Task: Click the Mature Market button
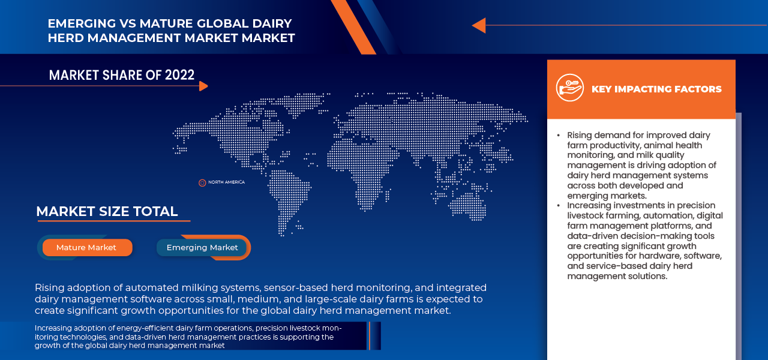(86, 248)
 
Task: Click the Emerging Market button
(202, 248)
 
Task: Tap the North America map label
(226, 182)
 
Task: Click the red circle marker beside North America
(202, 182)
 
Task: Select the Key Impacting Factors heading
(656, 89)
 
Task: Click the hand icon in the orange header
(569, 88)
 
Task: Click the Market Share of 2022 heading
(122, 75)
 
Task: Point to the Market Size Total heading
(107, 212)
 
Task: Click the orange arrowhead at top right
(479, 25)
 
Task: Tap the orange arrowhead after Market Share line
(203, 86)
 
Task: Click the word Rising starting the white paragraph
(50, 288)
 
